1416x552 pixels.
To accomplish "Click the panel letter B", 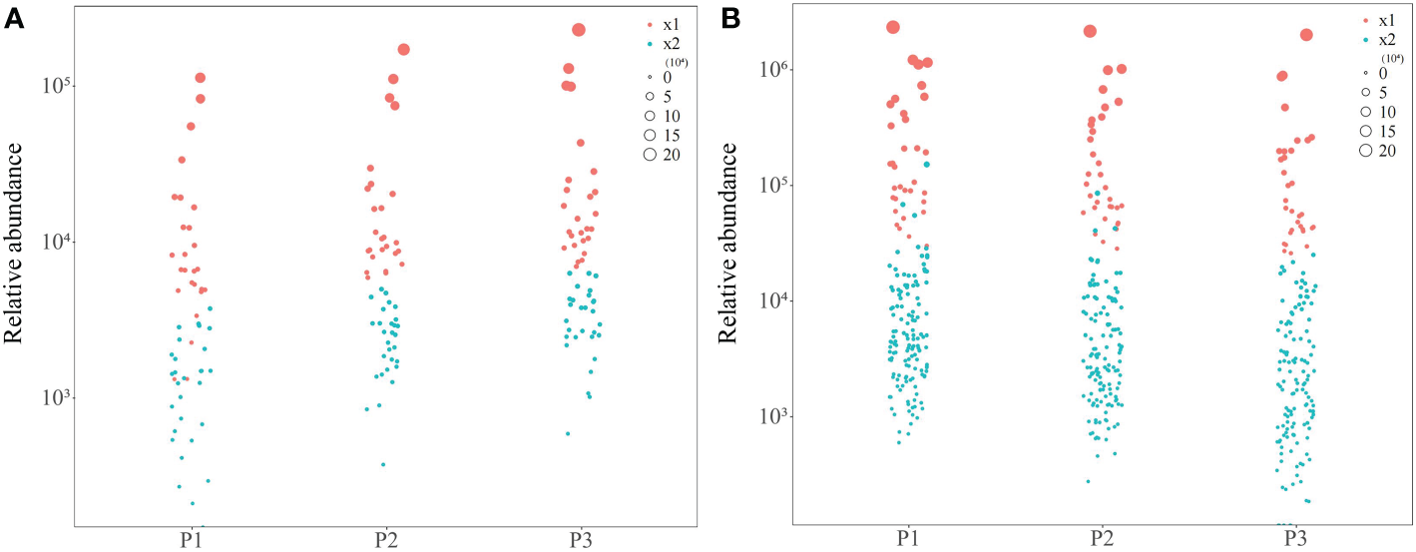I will coord(730,19).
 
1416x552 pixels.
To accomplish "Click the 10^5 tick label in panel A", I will coord(56,86).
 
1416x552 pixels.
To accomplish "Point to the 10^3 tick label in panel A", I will coord(56,398).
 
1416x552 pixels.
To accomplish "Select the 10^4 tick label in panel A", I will coord(56,242).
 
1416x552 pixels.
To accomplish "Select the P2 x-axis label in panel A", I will coord(386,540).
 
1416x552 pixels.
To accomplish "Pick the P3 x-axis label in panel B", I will coord(1295,539).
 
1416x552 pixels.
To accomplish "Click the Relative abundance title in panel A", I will coord(16,243).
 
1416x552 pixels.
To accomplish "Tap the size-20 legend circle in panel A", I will coord(651,154).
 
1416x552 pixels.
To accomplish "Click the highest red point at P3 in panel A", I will coord(579,30).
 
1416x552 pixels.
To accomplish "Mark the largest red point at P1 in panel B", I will coord(893,27).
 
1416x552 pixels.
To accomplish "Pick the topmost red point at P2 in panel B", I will coord(1090,31).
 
